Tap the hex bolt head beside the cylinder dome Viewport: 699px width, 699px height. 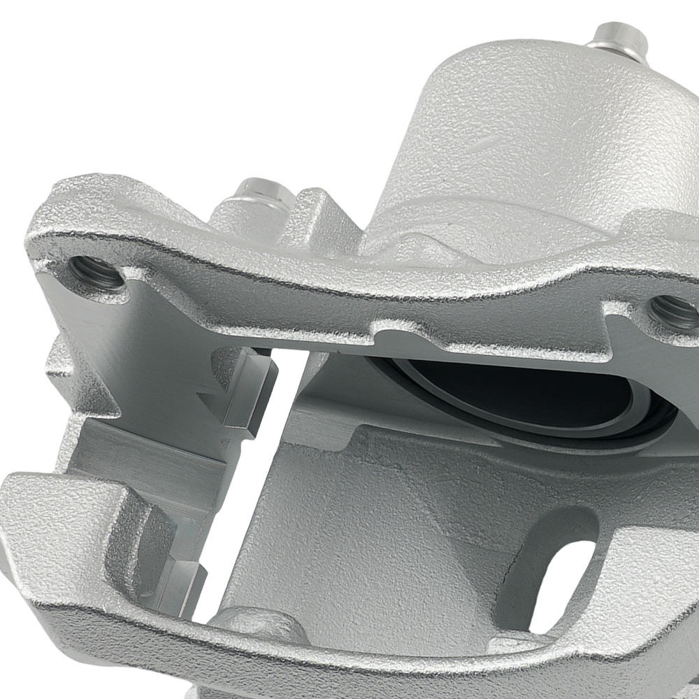click(262, 192)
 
